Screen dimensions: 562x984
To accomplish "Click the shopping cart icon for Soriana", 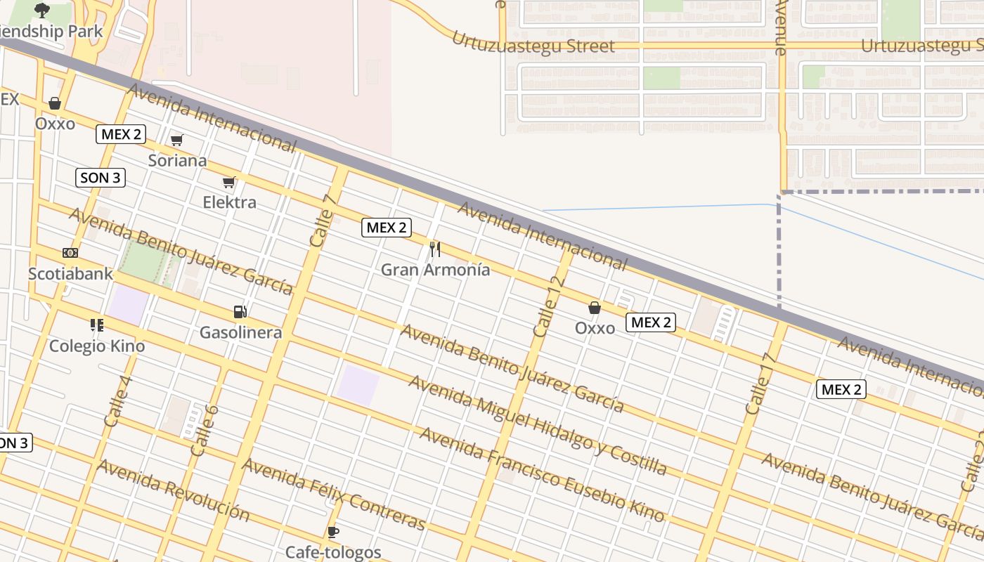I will pyautogui.click(x=177, y=140).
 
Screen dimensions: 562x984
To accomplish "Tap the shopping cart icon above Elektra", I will pyautogui.click(x=228, y=183).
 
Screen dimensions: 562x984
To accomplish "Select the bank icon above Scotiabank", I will pyautogui.click(x=70, y=253).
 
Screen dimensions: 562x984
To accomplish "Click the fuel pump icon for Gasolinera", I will pyautogui.click(x=240, y=312).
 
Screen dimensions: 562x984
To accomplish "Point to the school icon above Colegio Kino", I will pyautogui.click(x=97, y=325).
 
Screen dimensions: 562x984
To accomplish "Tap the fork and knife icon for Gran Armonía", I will pyautogui.click(x=435, y=249).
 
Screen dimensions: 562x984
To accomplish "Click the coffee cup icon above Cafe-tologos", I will pyautogui.click(x=333, y=532).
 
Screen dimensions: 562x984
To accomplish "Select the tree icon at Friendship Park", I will pyautogui.click(x=42, y=10).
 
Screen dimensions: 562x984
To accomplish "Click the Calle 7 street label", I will pyautogui.click(x=323, y=219).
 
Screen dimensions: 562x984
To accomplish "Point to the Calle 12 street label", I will pyautogui.click(x=549, y=307).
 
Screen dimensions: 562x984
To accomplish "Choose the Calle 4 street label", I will pyautogui.click(x=117, y=402).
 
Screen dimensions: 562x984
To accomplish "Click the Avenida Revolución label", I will pyautogui.click(x=173, y=490).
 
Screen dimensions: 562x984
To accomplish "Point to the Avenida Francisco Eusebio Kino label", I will pyautogui.click(x=541, y=475).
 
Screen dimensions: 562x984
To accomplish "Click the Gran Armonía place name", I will pyautogui.click(x=435, y=270).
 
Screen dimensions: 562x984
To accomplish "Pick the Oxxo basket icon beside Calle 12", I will pyautogui.click(x=595, y=308).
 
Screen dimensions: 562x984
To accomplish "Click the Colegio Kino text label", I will pyautogui.click(x=97, y=346).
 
